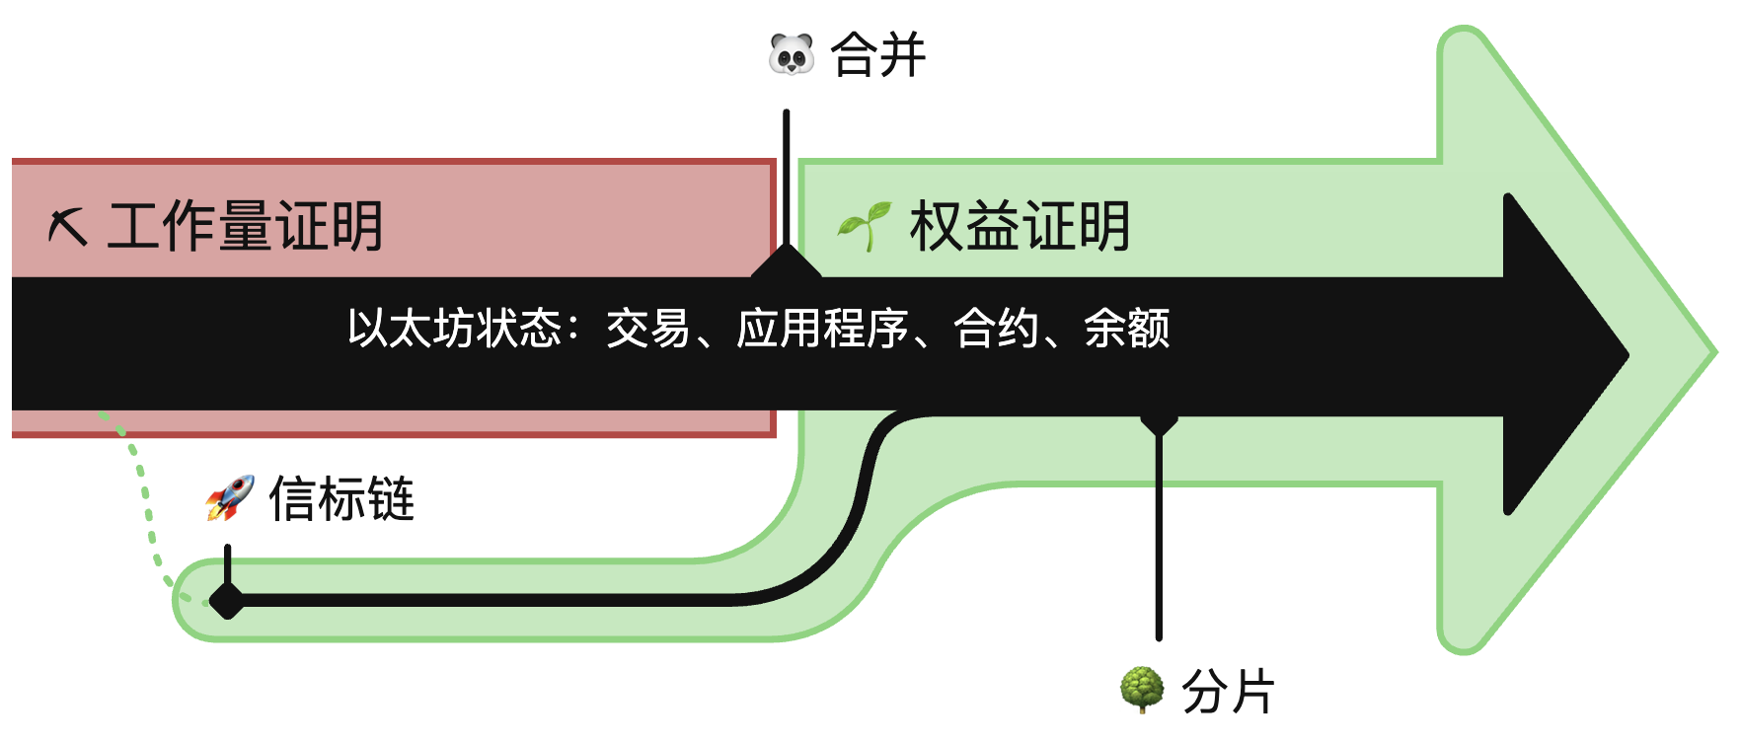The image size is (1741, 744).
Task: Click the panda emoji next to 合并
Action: point(792,54)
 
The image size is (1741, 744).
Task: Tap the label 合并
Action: point(877,54)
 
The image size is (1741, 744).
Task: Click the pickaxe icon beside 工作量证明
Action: point(68,227)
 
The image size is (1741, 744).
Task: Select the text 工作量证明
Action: point(245,226)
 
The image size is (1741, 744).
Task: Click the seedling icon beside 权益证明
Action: point(864,226)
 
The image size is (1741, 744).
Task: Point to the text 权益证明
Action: point(1019,226)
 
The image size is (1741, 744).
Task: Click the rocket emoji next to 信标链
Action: point(230,497)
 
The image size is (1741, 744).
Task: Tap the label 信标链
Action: point(341,498)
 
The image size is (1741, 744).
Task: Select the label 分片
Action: point(1228,690)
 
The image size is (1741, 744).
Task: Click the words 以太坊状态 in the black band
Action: point(454,329)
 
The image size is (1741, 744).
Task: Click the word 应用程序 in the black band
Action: point(822,329)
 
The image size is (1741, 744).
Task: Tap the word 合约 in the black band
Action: point(996,329)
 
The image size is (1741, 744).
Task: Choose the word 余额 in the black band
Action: point(1126,329)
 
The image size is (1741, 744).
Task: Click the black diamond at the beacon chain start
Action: point(227,599)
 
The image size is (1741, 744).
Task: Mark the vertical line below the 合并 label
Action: point(786,178)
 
